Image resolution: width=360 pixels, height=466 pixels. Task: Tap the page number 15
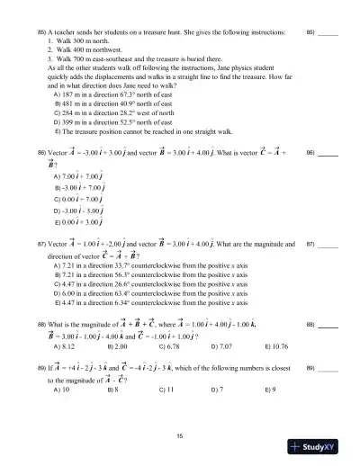click(x=180, y=435)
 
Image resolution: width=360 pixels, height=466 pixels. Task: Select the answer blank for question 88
click(x=328, y=322)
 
